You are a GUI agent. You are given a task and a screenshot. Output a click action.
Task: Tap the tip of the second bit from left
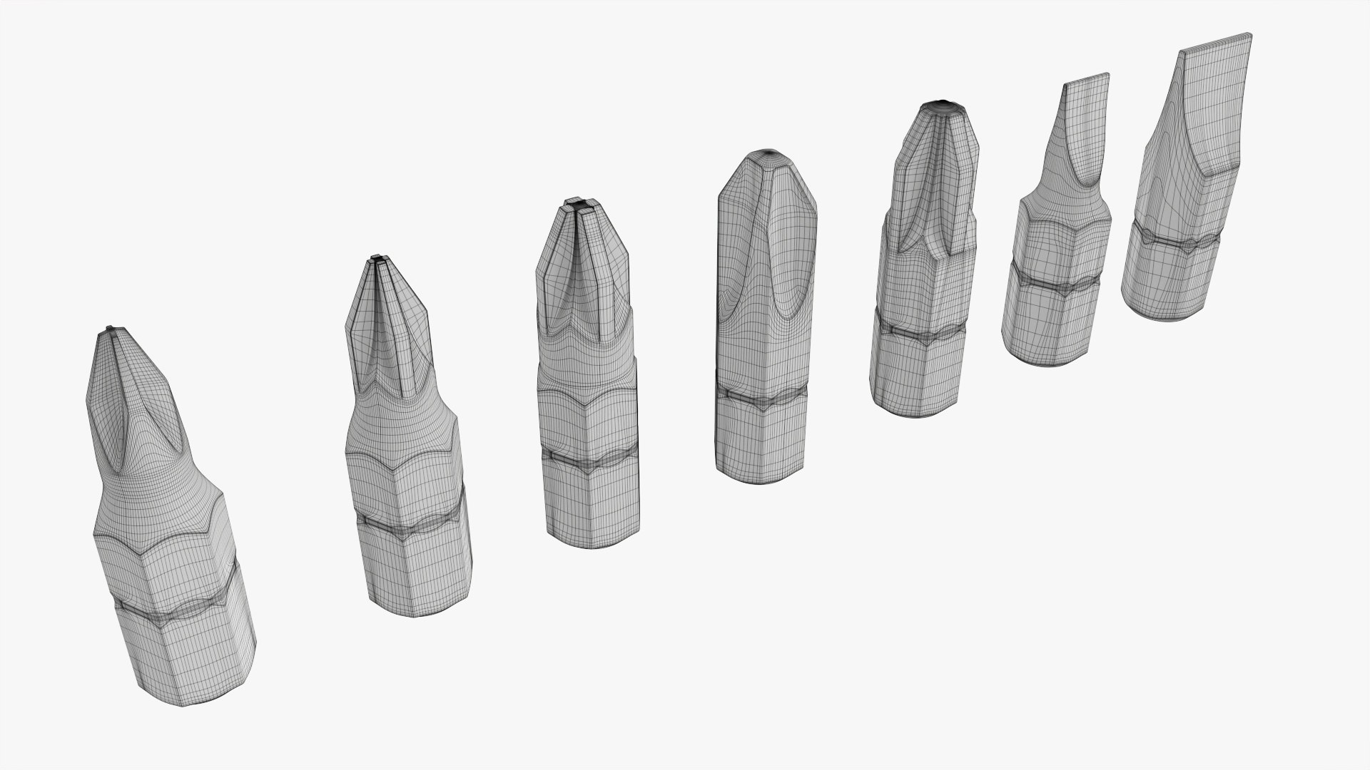coord(377,258)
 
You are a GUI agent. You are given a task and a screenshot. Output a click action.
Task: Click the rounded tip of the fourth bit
coord(769,153)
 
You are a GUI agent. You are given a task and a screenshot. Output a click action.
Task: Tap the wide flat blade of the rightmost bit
coord(1217,41)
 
